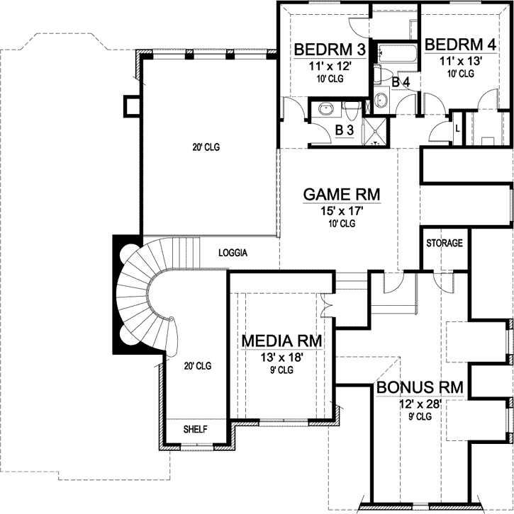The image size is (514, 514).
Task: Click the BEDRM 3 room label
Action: (330, 50)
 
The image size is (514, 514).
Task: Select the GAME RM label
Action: (342, 194)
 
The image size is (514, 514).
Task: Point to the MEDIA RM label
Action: (282, 341)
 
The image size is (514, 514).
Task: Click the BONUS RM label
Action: (420, 387)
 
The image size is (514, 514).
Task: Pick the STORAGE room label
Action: (445, 244)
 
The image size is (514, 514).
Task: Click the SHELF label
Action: (195, 430)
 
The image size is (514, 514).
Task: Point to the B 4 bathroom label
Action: (401, 83)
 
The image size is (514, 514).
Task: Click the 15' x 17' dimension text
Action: (342, 210)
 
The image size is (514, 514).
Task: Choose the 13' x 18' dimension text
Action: (282, 358)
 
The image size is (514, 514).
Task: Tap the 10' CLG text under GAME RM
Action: (342, 223)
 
